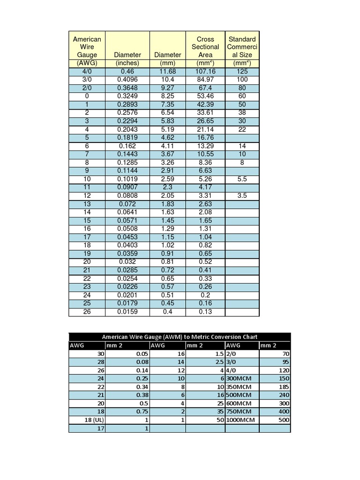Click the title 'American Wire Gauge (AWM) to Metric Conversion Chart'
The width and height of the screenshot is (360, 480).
180,337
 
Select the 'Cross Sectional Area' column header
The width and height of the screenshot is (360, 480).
205,47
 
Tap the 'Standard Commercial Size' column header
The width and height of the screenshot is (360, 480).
242,47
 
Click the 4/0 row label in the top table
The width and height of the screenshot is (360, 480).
87,71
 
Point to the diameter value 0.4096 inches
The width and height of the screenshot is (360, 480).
127,80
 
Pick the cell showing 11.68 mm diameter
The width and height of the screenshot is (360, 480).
167,71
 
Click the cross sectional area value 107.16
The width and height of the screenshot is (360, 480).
205,71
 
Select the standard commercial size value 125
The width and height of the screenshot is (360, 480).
242,71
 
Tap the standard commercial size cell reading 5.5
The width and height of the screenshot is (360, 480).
242,179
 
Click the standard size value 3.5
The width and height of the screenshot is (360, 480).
242,195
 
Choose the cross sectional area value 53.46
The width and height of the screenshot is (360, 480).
205,96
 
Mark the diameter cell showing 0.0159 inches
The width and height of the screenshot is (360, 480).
127,312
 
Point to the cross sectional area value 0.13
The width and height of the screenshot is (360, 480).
205,312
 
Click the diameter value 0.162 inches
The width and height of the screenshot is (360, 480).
127,146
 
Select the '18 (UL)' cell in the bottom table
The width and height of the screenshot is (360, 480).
93,420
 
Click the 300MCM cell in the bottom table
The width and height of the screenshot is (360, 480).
240,378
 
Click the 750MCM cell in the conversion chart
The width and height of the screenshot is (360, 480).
239,412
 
